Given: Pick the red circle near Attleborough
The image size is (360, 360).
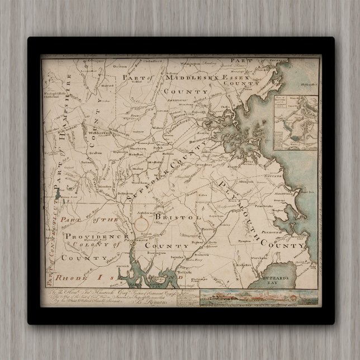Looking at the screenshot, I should coord(142,224).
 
